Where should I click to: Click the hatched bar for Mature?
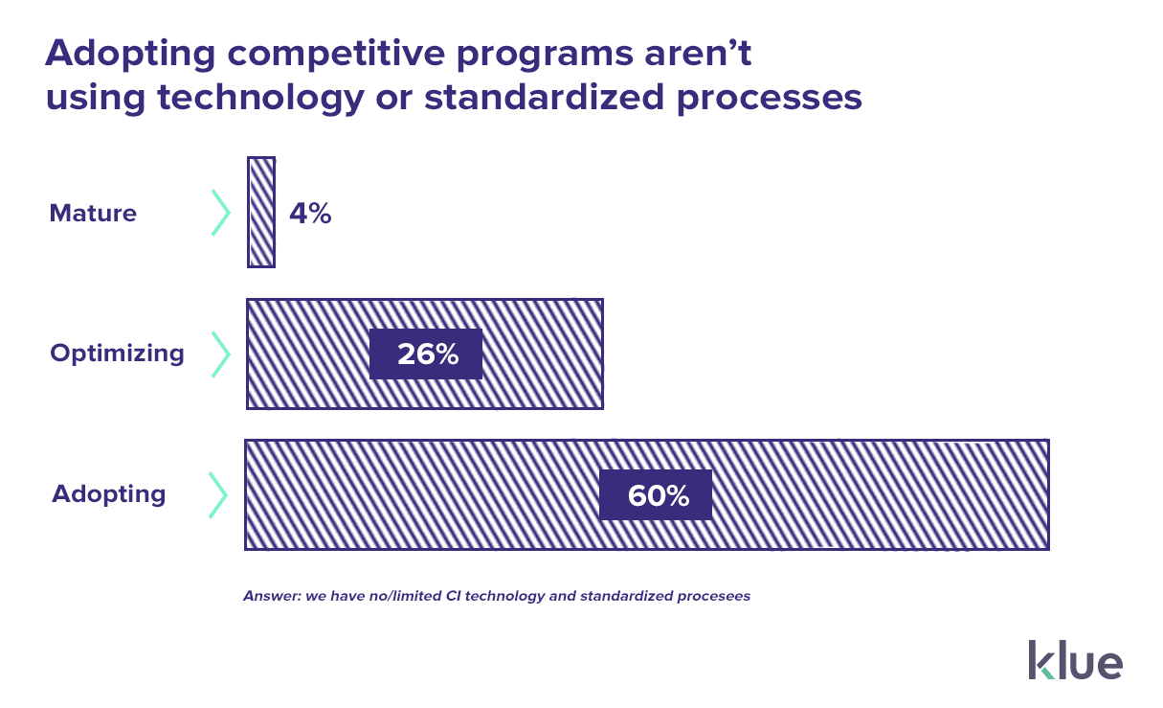[261, 212]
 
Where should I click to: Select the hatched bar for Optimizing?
[536, 354]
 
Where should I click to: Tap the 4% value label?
[310, 213]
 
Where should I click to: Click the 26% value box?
[426, 354]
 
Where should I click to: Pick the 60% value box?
[657, 495]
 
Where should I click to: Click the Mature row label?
[93, 213]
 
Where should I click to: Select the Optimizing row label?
[117, 354]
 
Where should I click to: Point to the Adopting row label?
[108, 494]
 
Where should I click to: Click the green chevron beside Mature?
[221, 213]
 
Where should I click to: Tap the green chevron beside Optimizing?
[221, 354]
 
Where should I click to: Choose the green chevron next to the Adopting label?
[219, 494]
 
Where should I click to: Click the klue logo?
[1075, 660]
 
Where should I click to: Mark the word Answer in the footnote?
[271, 596]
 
